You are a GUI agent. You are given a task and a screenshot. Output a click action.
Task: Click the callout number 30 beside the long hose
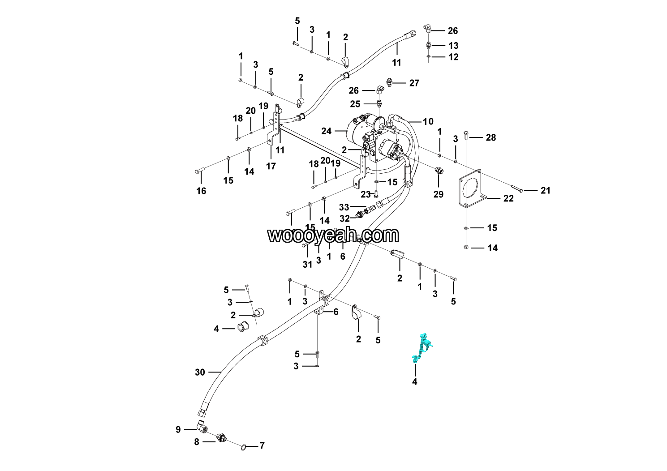(200, 372)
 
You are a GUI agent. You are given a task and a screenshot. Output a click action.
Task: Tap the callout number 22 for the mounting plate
(508, 198)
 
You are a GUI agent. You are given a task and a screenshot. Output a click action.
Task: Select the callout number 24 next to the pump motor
(326, 131)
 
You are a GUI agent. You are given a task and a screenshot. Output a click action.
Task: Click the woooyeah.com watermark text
(333, 235)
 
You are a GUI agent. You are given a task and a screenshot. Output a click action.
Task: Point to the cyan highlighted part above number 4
(422, 348)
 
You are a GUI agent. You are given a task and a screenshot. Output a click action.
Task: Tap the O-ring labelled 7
(243, 446)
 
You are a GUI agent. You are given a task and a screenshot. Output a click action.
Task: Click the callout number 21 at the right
(545, 190)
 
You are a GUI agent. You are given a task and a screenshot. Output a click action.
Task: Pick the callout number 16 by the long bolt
(201, 191)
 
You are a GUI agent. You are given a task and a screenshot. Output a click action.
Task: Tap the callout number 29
(438, 194)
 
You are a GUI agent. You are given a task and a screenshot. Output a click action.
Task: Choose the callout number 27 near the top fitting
(414, 83)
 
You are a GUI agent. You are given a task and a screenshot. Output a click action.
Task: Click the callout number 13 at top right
(453, 46)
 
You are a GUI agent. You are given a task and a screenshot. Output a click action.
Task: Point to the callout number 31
(307, 264)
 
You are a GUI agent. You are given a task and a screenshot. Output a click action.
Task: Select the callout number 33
(344, 207)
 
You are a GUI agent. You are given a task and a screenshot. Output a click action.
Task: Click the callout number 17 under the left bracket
(271, 166)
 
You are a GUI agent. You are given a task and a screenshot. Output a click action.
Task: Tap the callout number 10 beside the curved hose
(428, 121)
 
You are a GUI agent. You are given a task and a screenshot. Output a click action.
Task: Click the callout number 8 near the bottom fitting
(196, 442)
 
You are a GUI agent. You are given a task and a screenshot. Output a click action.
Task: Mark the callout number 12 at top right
(453, 57)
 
